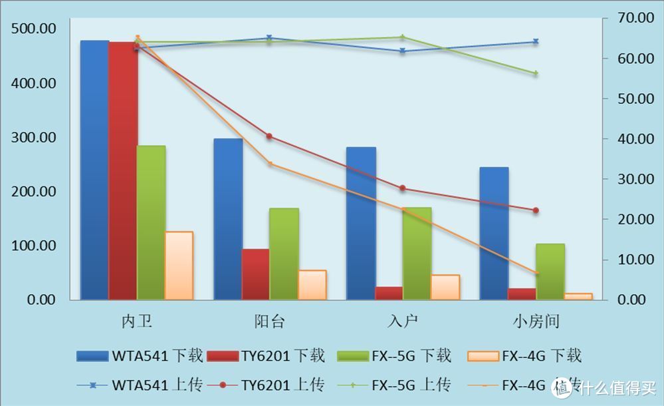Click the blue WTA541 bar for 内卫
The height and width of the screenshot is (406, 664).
pos(94,170)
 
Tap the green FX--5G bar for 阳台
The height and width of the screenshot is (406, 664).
pos(284,254)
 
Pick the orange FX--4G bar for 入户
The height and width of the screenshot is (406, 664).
pos(445,287)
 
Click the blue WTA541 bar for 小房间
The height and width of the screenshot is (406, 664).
pos(494,233)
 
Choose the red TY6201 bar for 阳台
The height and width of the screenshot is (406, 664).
pos(256,274)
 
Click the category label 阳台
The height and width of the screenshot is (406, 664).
pos(270,322)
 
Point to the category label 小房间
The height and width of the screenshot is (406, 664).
pos(536,322)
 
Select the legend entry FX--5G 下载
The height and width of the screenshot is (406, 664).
pos(395,356)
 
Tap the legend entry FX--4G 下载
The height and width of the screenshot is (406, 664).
pos(525,356)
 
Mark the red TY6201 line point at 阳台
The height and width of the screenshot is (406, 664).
pos(269,136)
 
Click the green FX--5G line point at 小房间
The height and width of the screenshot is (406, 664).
pos(536,73)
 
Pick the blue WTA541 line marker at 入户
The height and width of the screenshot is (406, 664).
pos(403,51)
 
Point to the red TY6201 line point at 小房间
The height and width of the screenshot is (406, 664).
pos(536,210)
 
